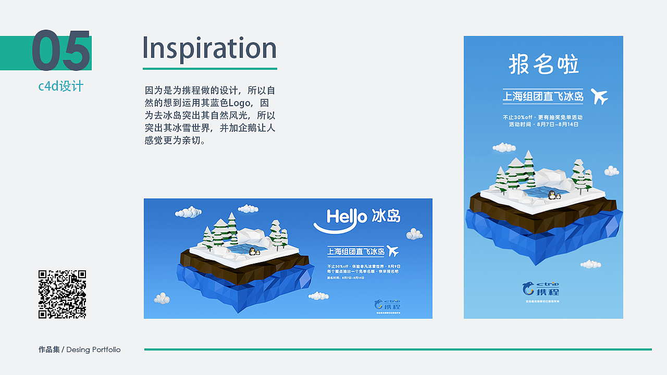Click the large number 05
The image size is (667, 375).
(x=61, y=51)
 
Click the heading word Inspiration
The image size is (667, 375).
(x=209, y=48)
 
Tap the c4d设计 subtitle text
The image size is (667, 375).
(x=60, y=86)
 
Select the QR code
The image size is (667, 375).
(x=62, y=294)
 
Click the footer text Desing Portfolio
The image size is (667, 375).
(x=93, y=349)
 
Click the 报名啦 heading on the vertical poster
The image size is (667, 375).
(x=544, y=65)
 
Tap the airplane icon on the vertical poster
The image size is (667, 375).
(x=599, y=96)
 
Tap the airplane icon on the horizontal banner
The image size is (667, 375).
(x=392, y=252)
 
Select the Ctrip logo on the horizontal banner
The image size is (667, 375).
(x=386, y=304)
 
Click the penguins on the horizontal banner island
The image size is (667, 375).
(x=254, y=252)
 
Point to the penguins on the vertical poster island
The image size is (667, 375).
(x=553, y=195)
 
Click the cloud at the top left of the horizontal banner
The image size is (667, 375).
(x=188, y=212)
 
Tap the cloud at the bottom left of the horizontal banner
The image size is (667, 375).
(x=162, y=298)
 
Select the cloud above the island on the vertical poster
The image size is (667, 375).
(x=504, y=147)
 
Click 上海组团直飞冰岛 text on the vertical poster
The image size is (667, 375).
(x=543, y=97)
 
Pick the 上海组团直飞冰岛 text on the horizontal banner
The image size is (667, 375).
(x=355, y=252)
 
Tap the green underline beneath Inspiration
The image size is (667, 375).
(x=209, y=68)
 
